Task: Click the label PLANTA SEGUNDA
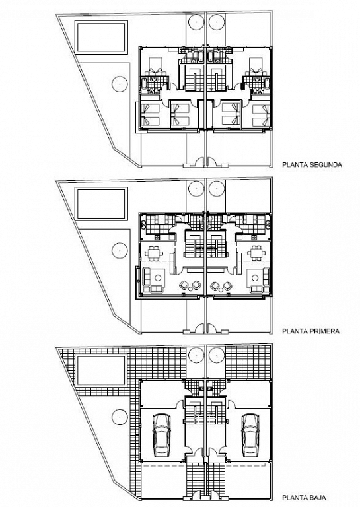click(312, 165)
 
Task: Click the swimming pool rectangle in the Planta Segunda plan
click(100, 37)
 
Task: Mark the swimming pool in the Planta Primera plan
click(100, 204)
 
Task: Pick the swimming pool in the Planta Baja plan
click(100, 370)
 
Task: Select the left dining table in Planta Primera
click(154, 253)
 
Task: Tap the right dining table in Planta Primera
click(258, 253)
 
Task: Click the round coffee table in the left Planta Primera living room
click(158, 278)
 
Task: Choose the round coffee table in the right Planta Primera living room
click(256, 278)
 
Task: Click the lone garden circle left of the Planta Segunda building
click(120, 83)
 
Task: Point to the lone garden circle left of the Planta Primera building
click(120, 250)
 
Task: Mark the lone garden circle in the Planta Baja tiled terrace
click(120, 417)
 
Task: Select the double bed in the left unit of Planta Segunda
click(155, 66)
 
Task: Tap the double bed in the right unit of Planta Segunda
click(256, 66)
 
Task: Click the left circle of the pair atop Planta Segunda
click(196, 22)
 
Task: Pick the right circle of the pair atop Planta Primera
click(217, 189)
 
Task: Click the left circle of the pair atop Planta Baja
click(196, 356)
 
